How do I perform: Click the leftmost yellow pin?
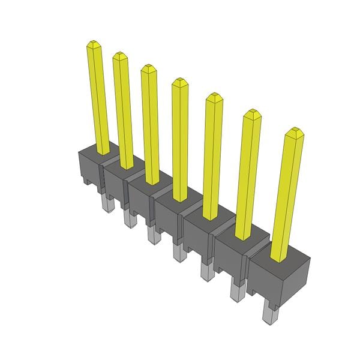coord(99,96)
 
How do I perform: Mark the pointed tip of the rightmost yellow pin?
coord(293,131)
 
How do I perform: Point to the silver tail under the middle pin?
coord(178,251)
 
